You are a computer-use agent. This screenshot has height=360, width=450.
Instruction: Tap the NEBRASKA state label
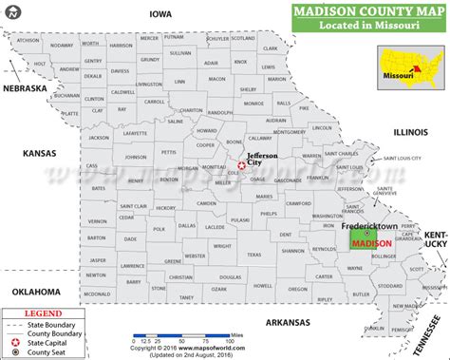pos(24,87)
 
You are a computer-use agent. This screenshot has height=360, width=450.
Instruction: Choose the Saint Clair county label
pos(133,205)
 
